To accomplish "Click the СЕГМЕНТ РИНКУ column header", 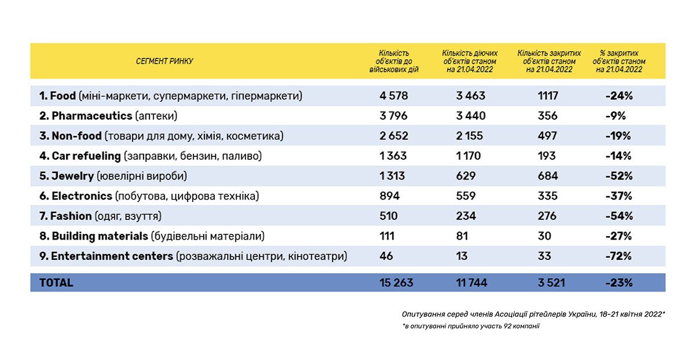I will click(x=164, y=61).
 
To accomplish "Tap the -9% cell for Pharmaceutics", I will click(x=617, y=116).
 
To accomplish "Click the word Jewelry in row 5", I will click(x=72, y=176).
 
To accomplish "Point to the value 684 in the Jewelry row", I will click(x=547, y=176).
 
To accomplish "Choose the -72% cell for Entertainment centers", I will click(x=619, y=256).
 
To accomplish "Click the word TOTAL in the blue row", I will click(x=56, y=283).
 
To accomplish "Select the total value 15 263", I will click(x=396, y=283).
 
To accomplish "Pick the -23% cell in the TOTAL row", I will click(x=619, y=283).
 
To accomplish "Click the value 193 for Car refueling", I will click(x=547, y=156).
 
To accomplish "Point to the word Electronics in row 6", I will click(x=82, y=196).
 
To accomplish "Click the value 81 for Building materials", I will click(x=462, y=236).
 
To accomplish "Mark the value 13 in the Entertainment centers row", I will click(x=462, y=256).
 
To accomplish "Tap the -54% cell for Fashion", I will click(x=619, y=216).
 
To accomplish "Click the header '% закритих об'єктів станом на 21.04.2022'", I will click(x=619, y=61).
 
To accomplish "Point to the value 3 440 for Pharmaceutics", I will click(x=470, y=116).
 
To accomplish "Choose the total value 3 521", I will click(x=550, y=283).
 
